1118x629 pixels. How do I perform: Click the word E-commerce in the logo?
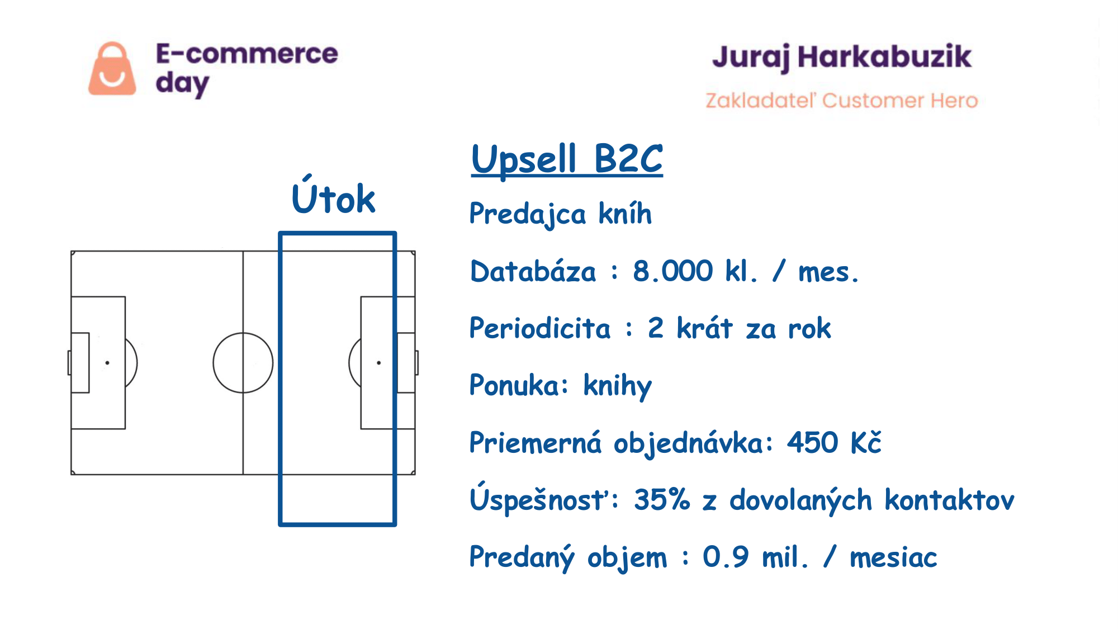pyautogui.click(x=247, y=54)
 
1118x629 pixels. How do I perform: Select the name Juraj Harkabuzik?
pyautogui.click(x=842, y=58)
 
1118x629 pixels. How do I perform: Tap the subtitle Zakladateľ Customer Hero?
pyautogui.click(x=842, y=100)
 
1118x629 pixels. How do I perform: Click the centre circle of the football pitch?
pyautogui.click(x=214, y=363)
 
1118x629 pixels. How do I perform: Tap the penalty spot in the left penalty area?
pyautogui.click(x=107, y=363)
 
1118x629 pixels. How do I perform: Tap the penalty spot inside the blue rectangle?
pyautogui.click(x=379, y=363)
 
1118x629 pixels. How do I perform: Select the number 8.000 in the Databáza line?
pyautogui.click(x=673, y=271)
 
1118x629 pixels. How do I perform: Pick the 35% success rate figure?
pyautogui.click(x=662, y=499)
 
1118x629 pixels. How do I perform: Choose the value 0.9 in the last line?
pyautogui.click(x=726, y=557)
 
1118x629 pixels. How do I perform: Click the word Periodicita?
pyautogui.click(x=540, y=328)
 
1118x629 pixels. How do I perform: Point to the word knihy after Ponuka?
pyautogui.click(x=618, y=386)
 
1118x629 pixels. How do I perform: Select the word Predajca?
pyautogui.click(x=528, y=215)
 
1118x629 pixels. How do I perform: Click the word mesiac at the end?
pyautogui.click(x=893, y=557)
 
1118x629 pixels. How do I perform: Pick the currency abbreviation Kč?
pyautogui.click(x=866, y=442)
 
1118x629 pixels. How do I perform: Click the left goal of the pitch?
pyautogui.click(x=69, y=363)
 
